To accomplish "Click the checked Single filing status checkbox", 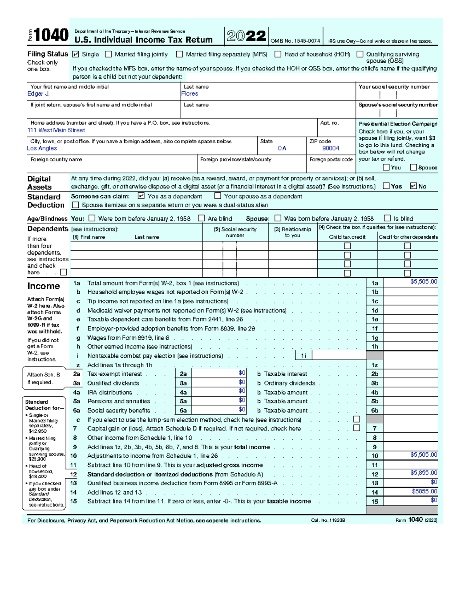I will coord(76,54).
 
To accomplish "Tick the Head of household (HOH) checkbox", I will coord(278,54).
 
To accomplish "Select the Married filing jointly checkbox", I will coord(108,54).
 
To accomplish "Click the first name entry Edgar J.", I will coord(38,94).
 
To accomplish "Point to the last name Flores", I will coord(190,94).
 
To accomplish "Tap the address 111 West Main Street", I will coord(56,130).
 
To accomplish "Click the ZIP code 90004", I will coord(331,148).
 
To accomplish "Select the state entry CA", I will coord(282,148).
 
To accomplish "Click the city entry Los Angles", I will coord(42,148).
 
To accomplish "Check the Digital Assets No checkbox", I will coord(413,186).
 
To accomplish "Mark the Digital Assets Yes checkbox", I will coord(386,186).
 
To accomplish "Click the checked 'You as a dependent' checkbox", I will coord(141,196).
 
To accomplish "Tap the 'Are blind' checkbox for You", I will coord(201,218).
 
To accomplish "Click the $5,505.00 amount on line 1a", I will coord(424,282).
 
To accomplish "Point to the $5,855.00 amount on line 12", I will coord(424,473).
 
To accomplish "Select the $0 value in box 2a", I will coord(242,373).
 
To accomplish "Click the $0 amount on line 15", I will coord(434,500).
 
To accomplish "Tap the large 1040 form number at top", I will coord(51,36).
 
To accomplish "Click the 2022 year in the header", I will coord(246,36).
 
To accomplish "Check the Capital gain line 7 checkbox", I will coord(356,428).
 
